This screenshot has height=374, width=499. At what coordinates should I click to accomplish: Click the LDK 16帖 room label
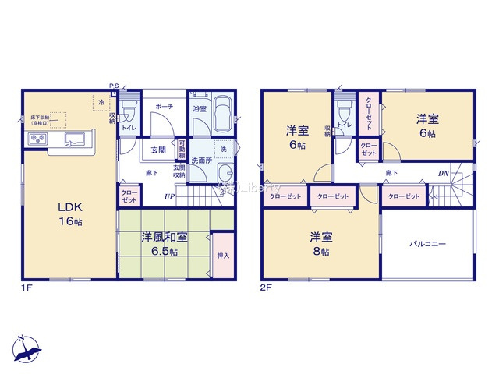[x=69, y=213]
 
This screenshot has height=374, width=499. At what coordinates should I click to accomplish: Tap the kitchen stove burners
[x=37, y=139]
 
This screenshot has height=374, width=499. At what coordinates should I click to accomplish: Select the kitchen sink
[x=76, y=140]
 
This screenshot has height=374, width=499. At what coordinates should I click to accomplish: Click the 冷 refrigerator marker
[x=101, y=101]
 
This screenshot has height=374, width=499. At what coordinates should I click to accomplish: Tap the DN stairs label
[x=442, y=173]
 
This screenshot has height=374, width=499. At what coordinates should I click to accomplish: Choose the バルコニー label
[x=428, y=244]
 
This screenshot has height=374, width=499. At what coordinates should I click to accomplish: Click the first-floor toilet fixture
[x=130, y=109]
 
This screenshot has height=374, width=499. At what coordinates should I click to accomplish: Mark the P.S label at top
[x=114, y=86]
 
